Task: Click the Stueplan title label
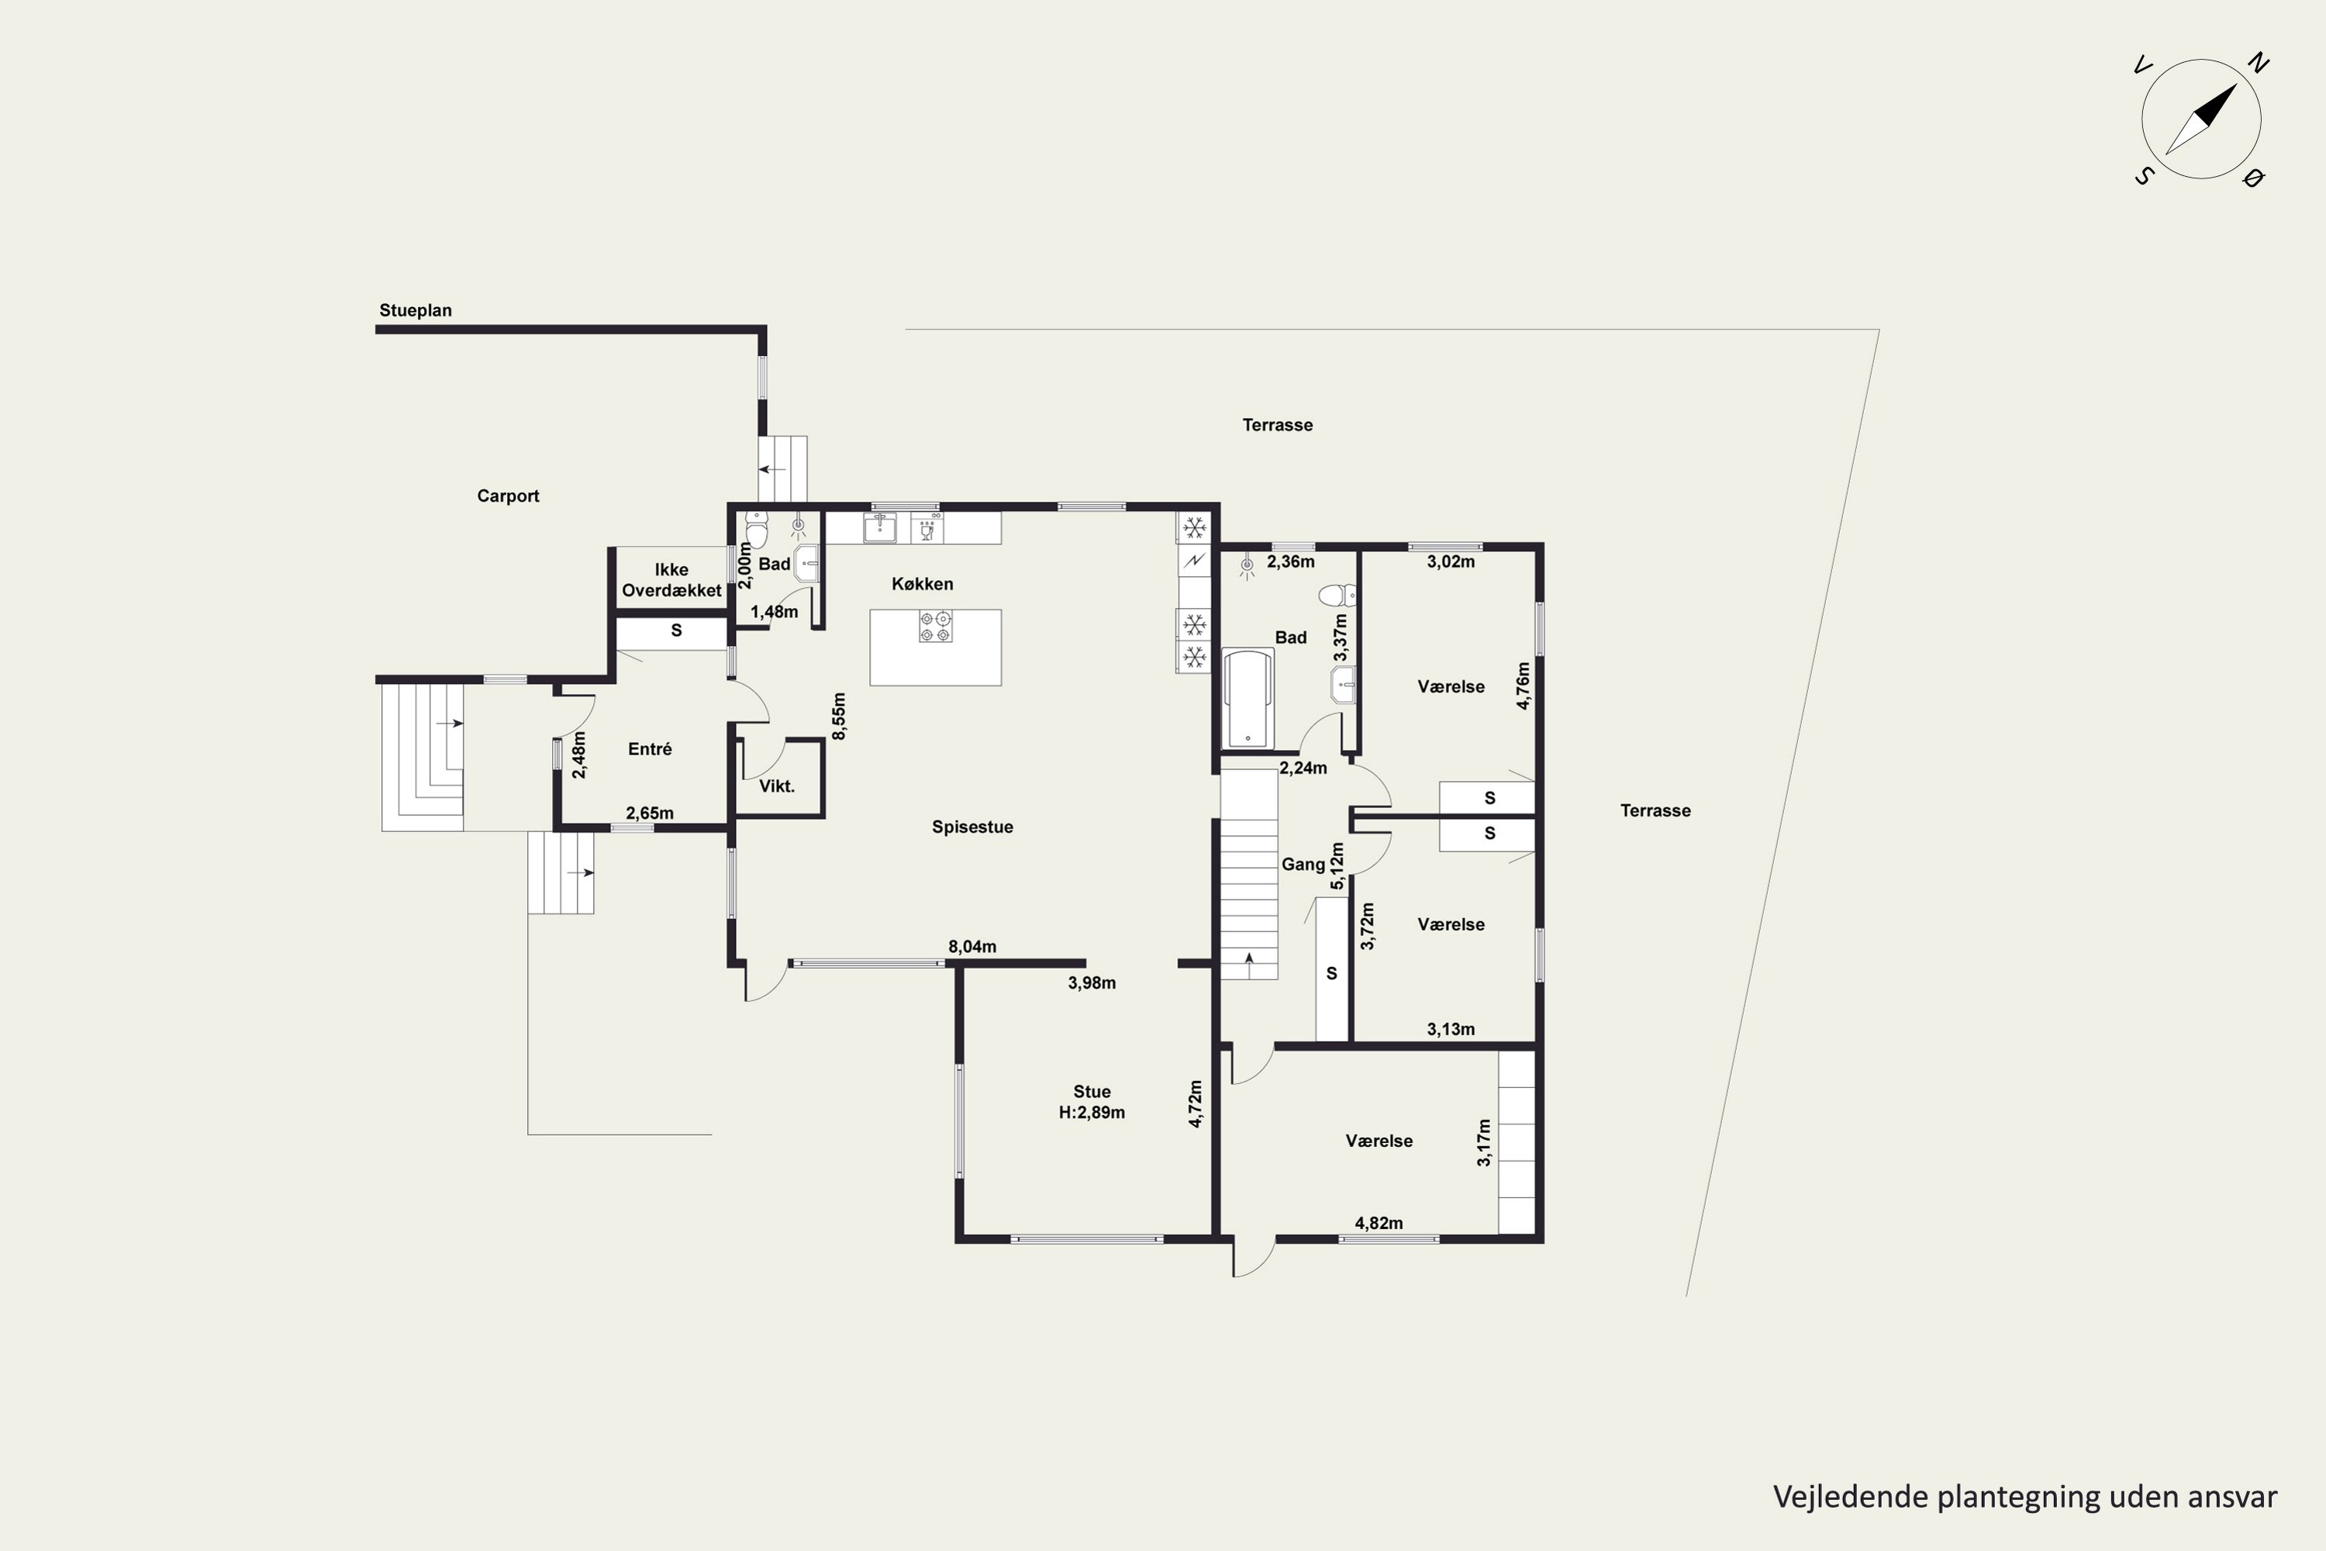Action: (416, 311)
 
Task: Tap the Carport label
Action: (509, 496)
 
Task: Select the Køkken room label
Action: (923, 585)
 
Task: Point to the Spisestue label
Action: (972, 827)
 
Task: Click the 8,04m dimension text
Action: (972, 947)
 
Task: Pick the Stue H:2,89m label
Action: (1092, 1102)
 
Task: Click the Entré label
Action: (650, 750)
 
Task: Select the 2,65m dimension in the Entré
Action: (650, 813)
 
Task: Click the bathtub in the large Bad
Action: (1249, 699)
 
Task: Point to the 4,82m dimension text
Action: (1379, 1223)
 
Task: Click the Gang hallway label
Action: (1303, 865)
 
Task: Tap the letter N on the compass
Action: (2258, 64)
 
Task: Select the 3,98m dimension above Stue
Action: (1092, 983)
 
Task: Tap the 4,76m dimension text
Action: (1524, 686)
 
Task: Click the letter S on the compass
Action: (2144, 176)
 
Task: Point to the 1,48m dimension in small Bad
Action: (775, 613)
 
